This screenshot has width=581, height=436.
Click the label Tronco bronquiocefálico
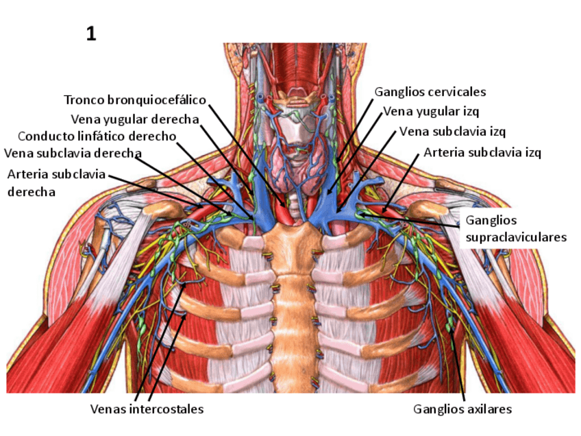pyautogui.click(x=134, y=100)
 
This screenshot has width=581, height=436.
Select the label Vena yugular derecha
pyautogui.click(x=135, y=119)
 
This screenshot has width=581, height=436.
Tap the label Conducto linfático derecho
pyautogui.click(x=97, y=136)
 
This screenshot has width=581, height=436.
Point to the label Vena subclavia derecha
pyautogui.click(x=73, y=152)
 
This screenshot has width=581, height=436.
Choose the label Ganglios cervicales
pyautogui.click(x=430, y=91)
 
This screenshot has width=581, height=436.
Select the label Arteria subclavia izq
pyautogui.click(x=482, y=152)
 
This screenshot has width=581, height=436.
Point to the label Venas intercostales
pyautogui.click(x=147, y=409)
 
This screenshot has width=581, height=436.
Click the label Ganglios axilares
pyautogui.click(x=462, y=409)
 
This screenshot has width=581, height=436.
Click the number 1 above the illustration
pyautogui.click(x=91, y=34)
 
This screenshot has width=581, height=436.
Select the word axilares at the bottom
pyautogui.click(x=487, y=409)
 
